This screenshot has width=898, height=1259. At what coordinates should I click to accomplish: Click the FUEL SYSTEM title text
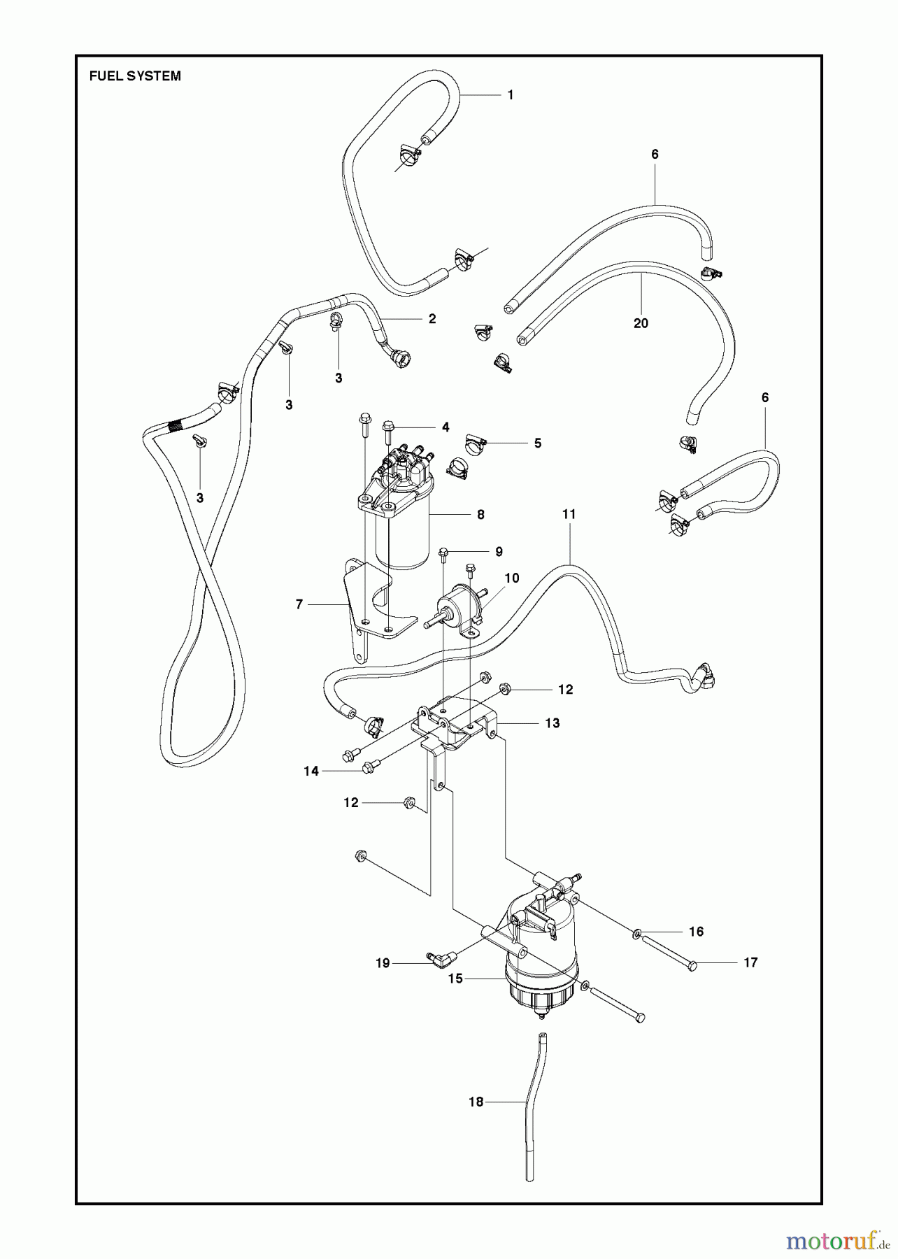pos(135,76)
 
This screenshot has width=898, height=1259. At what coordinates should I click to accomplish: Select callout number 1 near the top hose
pos(511,95)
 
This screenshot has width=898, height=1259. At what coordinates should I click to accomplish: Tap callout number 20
pos(641,323)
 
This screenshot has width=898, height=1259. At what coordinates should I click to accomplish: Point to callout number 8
pos(480,515)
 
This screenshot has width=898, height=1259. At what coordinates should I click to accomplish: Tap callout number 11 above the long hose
pos(569,514)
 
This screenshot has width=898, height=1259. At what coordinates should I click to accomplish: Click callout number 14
pos(311,771)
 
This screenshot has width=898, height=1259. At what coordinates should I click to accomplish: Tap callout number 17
pos(750,963)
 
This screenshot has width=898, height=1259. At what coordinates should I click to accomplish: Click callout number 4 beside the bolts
pos(445,427)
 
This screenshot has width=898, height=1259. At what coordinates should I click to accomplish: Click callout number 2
pos(432,319)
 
